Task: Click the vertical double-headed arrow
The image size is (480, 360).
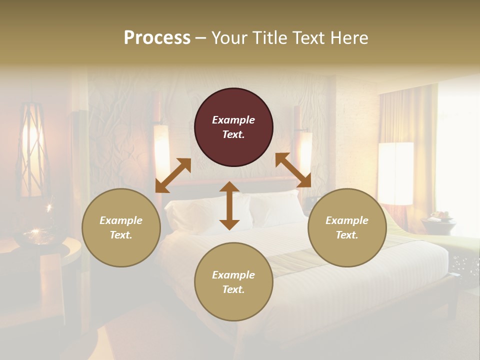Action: pos(229,205)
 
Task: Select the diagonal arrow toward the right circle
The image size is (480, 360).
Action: pos(293,170)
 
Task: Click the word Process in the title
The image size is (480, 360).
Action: pos(157,37)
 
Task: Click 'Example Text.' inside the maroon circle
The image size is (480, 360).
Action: pos(233,127)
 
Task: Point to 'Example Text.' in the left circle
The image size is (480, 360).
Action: pos(121,227)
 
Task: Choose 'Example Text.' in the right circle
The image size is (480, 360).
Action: pos(347,227)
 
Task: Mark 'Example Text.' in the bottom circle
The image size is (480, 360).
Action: pos(233,282)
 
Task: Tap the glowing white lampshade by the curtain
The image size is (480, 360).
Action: pos(395,172)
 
